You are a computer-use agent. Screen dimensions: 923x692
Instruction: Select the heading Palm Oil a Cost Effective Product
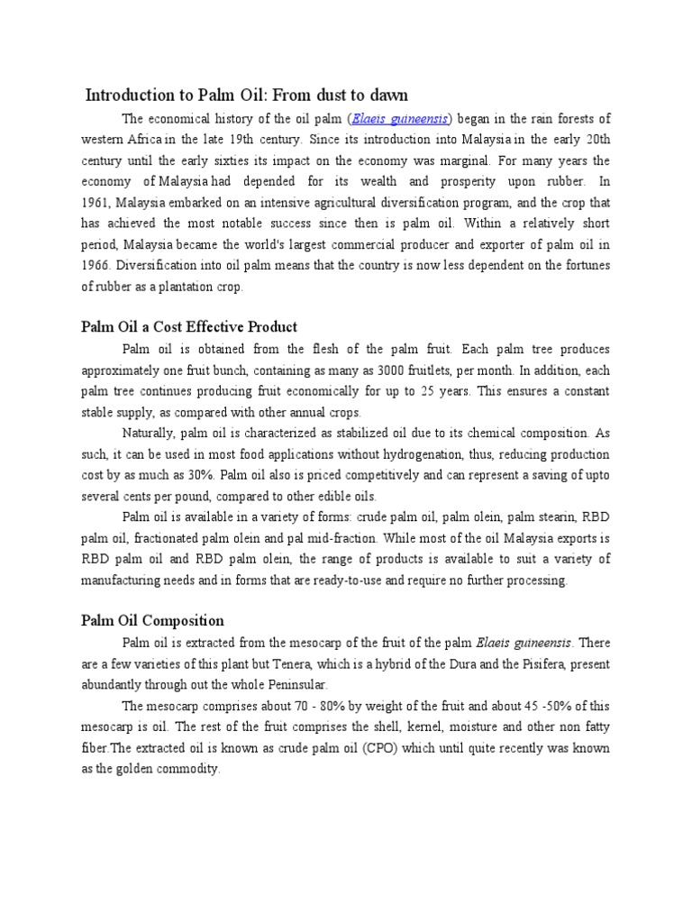[189, 326]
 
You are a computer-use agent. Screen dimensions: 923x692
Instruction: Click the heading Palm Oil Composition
[152, 620]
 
